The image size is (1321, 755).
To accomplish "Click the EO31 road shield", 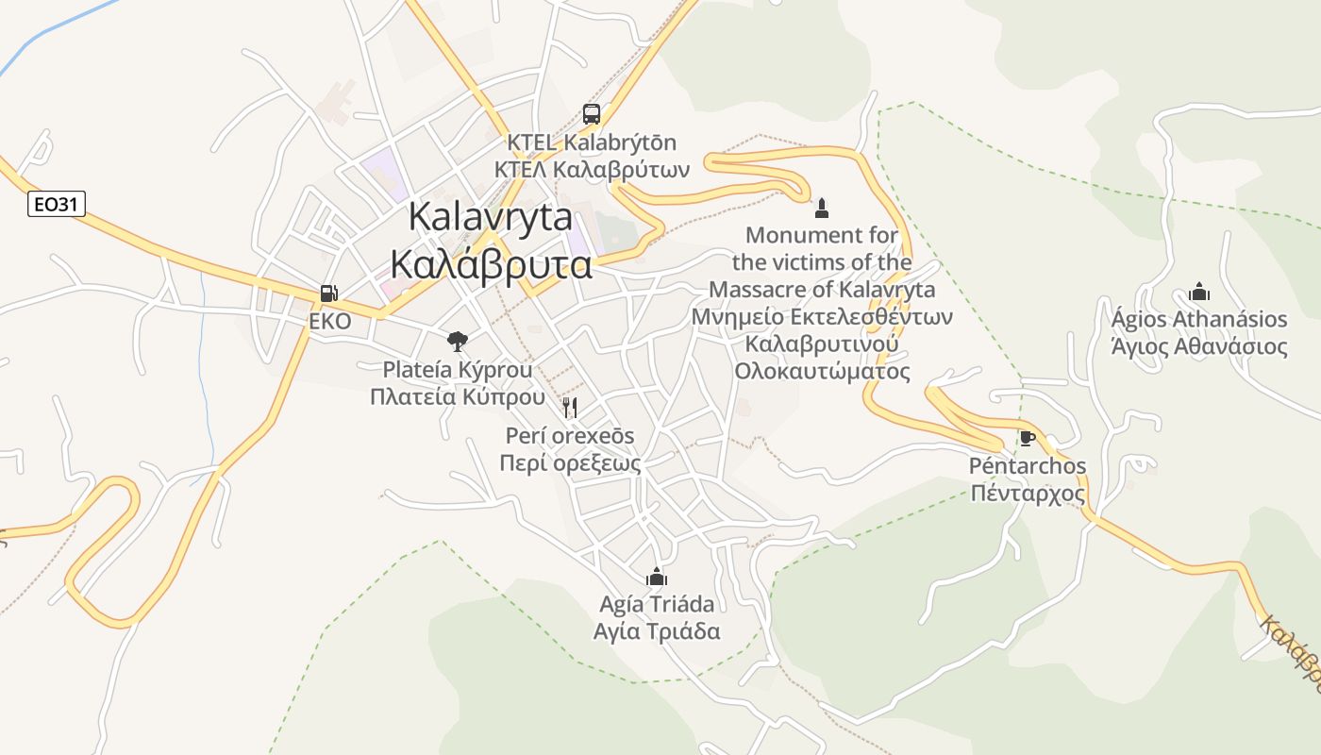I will pos(57,204).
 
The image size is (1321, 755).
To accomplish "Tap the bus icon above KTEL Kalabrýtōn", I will pos(592,114).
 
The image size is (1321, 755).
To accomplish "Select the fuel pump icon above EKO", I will pos(328,294).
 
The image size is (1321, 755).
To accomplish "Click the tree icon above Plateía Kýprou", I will pos(458,341).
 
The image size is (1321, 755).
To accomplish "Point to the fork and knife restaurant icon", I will pos(569,408).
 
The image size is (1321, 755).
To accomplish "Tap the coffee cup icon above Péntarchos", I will pos(1028,439).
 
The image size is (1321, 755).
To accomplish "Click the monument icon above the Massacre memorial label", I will pos(822,208).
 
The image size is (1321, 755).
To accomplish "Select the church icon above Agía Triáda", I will pos(657,577).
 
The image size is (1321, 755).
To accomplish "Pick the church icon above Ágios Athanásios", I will pos(1199,292).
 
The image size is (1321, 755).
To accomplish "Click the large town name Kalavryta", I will pos(491,217).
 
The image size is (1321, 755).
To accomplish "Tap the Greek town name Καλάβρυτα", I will pos(491,265).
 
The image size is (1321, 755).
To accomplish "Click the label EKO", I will pos(329,322).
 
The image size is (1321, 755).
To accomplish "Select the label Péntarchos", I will pos(1028,466).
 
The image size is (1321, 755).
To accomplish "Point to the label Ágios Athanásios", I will pos(1199,319).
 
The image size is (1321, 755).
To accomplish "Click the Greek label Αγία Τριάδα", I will pos(657,631).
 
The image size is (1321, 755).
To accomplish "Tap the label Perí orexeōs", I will pos(570,436).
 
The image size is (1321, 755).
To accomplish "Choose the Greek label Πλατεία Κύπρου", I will pos(458,396).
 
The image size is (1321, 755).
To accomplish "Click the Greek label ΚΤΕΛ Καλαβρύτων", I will pos(593,170).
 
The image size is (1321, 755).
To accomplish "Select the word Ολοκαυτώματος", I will pos(823,371).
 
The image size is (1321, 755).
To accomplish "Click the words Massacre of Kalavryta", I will pos(823,289).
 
